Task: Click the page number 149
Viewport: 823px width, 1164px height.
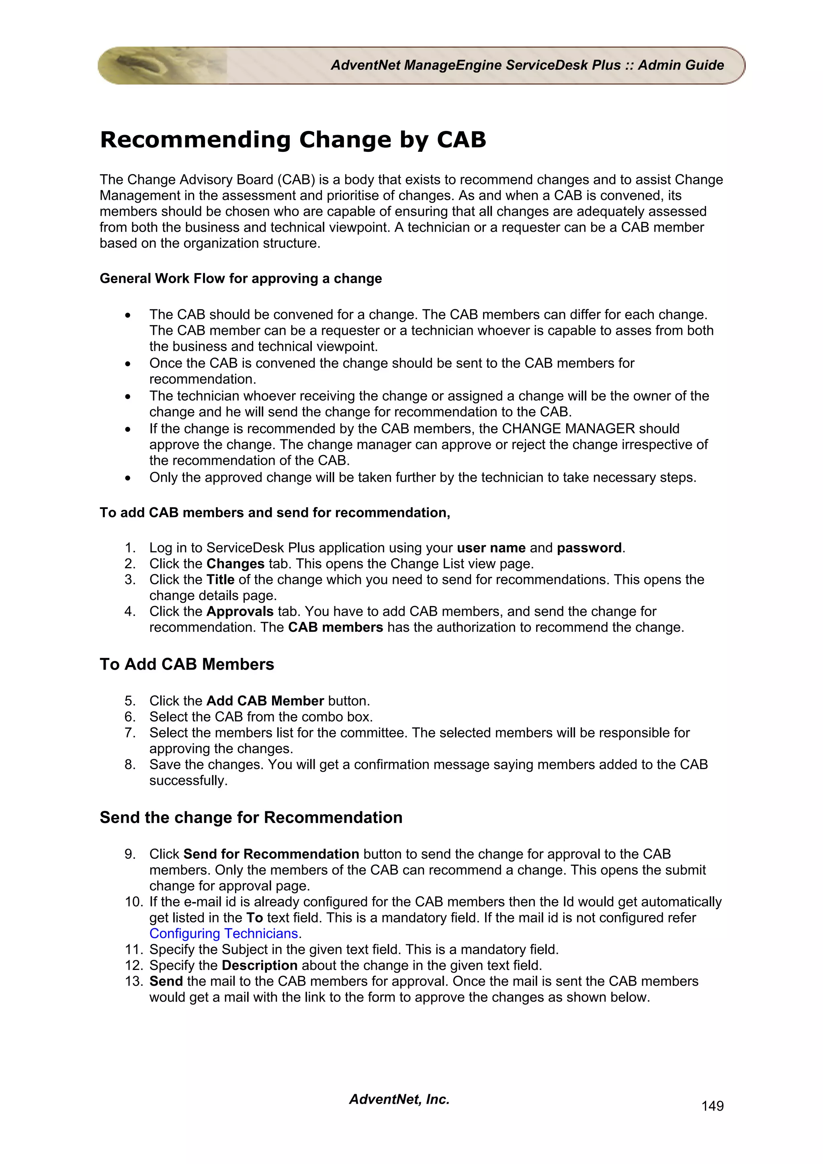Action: (712, 1106)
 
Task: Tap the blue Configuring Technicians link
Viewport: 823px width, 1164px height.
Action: (223, 933)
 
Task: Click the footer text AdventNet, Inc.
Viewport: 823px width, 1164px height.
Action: (399, 1099)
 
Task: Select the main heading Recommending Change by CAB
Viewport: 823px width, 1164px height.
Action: (293, 139)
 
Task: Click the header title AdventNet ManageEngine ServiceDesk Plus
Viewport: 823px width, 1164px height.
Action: (527, 65)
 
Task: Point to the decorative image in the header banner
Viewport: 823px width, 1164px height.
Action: (162, 65)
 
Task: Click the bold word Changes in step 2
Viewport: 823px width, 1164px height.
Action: (235, 564)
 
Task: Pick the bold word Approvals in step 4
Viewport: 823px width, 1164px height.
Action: (240, 611)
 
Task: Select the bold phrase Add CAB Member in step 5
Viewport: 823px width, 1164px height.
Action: (265, 700)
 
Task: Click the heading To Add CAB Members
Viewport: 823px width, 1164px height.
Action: (186, 664)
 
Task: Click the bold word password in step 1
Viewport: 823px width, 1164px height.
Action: (589, 547)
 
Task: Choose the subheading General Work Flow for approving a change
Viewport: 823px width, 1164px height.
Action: (240, 278)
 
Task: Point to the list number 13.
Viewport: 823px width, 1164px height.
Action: (133, 981)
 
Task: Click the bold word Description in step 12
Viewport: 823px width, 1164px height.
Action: (260, 965)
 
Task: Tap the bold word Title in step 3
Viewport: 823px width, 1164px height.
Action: (220, 580)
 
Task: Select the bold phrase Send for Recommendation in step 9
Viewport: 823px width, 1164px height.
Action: (271, 854)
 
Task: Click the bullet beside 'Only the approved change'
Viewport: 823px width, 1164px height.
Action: (128, 478)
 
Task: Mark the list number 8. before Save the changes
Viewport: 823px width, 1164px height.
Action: (130, 764)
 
